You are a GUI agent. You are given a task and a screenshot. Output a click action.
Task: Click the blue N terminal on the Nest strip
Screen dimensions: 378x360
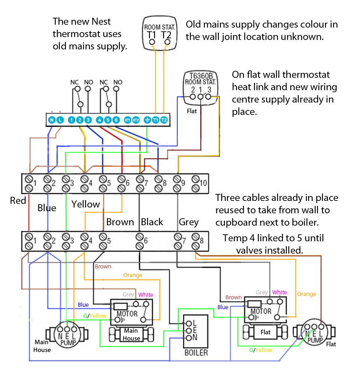(x=51, y=120)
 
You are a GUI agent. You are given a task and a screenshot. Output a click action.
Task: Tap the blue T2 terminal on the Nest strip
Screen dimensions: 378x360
(x=164, y=120)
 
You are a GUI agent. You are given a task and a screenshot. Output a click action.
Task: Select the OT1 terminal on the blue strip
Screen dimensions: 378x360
(x=128, y=120)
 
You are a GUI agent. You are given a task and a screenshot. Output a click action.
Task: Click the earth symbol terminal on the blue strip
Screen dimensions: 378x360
(x=147, y=120)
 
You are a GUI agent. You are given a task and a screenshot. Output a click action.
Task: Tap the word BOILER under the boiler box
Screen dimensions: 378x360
(x=196, y=352)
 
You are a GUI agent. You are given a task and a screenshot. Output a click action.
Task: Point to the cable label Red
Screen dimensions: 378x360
(x=18, y=201)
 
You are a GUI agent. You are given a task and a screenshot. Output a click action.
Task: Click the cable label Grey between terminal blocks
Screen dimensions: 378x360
(x=189, y=222)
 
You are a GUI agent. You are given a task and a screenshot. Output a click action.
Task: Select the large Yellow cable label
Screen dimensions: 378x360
(x=86, y=204)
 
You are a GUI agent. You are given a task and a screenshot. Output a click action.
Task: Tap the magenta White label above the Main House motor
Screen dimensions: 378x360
(x=145, y=295)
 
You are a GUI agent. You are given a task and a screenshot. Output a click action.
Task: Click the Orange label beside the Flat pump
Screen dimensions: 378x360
(x=306, y=294)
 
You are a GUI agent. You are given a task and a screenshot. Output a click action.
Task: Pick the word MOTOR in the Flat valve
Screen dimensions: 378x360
(x=261, y=311)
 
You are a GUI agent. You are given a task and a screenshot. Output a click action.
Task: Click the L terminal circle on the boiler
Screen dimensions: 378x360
(x=189, y=323)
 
